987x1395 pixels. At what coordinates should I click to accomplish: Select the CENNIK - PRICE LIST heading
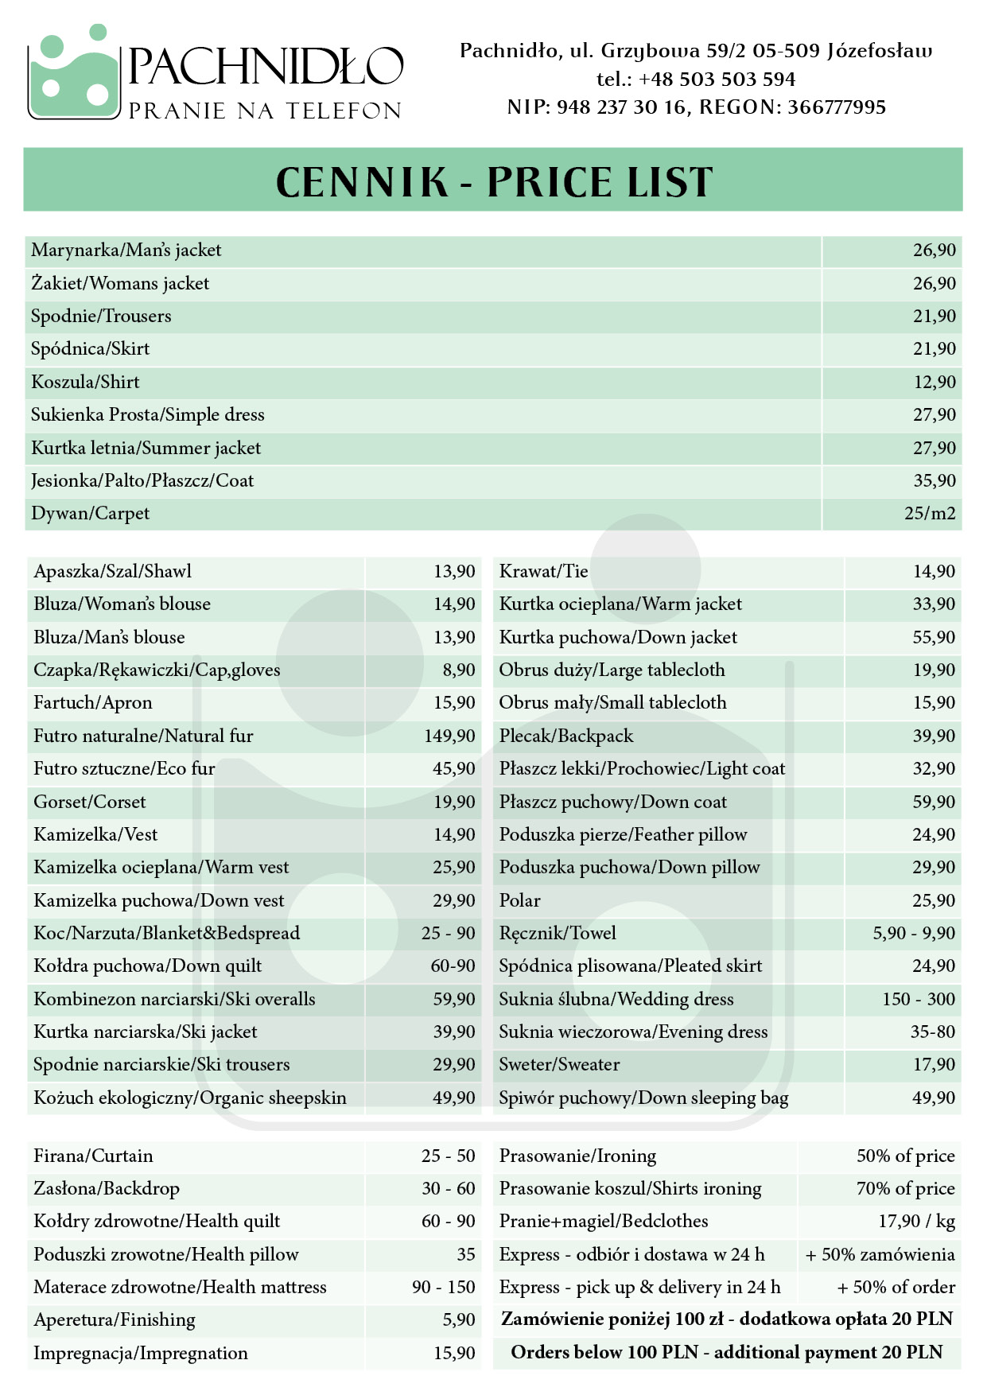pyautogui.click(x=493, y=181)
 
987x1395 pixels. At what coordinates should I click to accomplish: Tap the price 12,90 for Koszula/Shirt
pyautogui.click(x=935, y=382)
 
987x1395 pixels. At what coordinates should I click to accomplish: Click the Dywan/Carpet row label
pyautogui.click(x=90, y=514)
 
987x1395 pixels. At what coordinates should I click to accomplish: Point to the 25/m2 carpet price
pyautogui.click(x=930, y=514)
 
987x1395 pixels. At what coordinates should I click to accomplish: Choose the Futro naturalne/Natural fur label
pyautogui.click(x=143, y=736)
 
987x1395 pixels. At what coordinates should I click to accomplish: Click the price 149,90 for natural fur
pyautogui.click(x=449, y=736)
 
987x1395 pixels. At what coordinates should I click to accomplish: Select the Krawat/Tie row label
pyautogui.click(x=543, y=571)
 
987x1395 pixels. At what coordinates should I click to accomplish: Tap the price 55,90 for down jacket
pyautogui.click(x=934, y=637)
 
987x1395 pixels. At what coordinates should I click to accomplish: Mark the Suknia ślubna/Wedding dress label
pyautogui.click(x=616, y=999)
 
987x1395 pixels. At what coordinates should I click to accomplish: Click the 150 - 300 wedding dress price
pyautogui.click(x=919, y=999)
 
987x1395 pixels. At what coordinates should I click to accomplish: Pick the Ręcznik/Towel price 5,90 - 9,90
pyautogui.click(x=914, y=933)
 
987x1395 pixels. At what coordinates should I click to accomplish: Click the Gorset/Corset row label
pyautogui.click(x=90, y=802)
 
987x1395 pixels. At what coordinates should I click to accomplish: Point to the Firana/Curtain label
pyautogui.click(x=93, y=1156)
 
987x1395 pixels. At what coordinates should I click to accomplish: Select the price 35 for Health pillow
pyautogui.click(x=466, y=1254)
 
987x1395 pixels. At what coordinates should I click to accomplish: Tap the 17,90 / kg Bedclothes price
pyautogui.click(x=916, y=1221)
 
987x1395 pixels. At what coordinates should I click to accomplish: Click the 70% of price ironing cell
pyautogui.click(x=905, y=1188)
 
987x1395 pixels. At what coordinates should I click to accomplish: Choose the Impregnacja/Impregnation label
pyautogui.click(x=141, y=1353)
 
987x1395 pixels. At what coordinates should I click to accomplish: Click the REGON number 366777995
pyautogui.click(x=836, y=107)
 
